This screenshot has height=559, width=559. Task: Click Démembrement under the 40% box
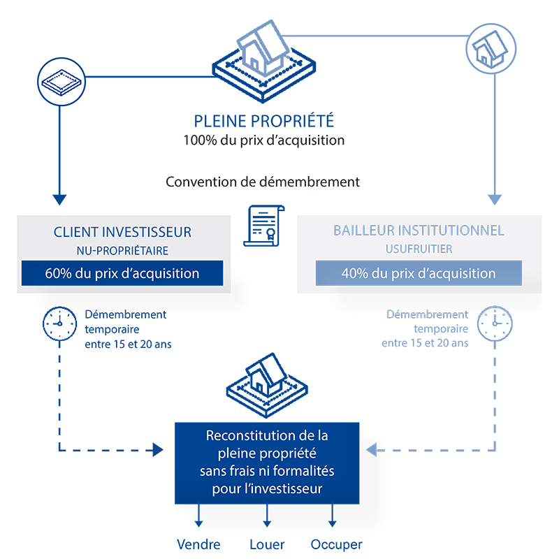[x=428, y=315]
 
